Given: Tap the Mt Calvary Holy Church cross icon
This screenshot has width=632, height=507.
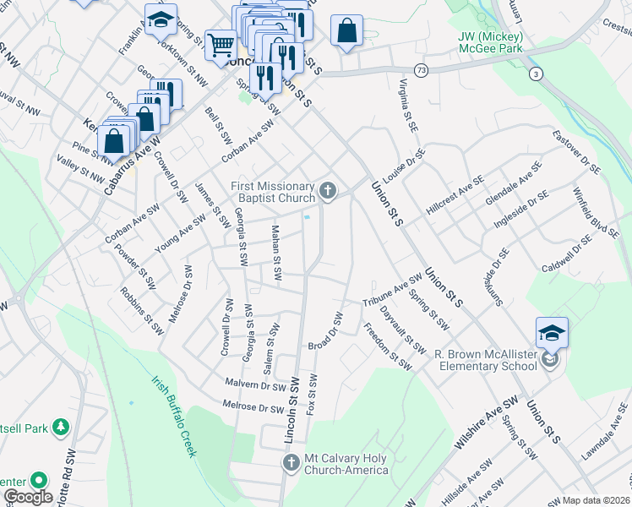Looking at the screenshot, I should pos(291,462).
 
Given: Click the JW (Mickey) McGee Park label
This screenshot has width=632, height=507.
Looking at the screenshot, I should pos(491,43).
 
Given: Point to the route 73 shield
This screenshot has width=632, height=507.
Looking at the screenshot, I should pos(420,68).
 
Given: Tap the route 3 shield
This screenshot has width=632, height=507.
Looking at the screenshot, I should pos(536,75).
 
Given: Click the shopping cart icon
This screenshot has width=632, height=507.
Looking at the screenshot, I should pos(221,43).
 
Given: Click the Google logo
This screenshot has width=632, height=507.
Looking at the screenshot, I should pos(28,497).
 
